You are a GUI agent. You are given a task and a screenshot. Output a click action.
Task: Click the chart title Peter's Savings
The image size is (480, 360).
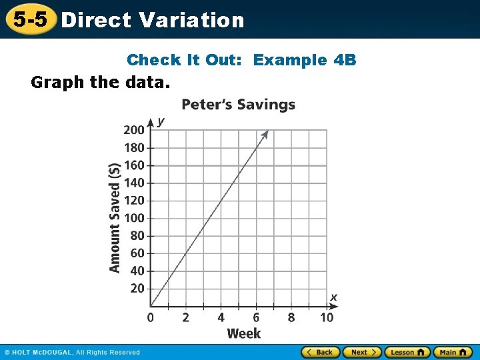coord(238,105)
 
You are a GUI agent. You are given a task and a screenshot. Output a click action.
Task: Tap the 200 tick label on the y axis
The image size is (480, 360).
coord(133,129)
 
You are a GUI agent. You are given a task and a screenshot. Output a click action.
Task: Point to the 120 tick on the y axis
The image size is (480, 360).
coord(133,200)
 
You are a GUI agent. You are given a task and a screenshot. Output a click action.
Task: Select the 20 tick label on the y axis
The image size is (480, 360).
coord(137,289)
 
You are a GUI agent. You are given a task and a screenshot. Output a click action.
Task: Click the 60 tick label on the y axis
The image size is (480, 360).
coord(137,253)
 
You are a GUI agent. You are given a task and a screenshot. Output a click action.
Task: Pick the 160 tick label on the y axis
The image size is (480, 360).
coord(133,165)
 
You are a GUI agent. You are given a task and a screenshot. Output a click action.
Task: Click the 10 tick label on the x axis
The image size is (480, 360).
coord(327,318)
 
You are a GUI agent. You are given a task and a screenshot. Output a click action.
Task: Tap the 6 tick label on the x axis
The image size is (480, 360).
coord(256,318)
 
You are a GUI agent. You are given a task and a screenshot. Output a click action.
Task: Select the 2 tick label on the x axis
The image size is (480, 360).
coord(185,318)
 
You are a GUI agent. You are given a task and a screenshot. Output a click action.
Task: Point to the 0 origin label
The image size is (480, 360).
coord(150,318)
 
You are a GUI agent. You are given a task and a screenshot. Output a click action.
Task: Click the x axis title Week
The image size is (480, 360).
coord(244,333)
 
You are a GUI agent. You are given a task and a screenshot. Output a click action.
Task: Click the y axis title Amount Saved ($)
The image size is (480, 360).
coord(115,217)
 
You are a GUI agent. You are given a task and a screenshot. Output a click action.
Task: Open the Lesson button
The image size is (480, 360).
coord(407,352)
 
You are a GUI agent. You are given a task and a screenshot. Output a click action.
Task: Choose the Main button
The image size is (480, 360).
coord(453,352)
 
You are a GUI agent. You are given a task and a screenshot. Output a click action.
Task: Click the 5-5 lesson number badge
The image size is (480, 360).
coord(30,19)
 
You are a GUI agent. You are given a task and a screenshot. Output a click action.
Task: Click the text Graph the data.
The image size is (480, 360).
coord(101,83)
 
